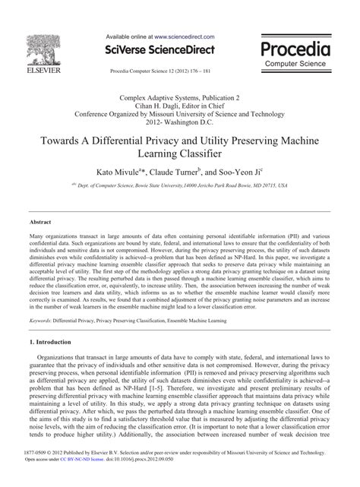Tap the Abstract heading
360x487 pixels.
39,223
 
